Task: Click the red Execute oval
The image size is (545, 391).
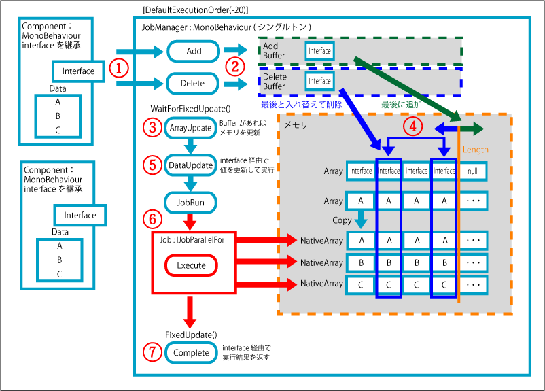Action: click(x=191, y=265)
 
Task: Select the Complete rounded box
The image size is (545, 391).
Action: click(x=191, y=352)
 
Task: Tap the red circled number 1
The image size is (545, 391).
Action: click(x=120, y=69)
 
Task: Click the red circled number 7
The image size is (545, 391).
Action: click(x=152, y=352)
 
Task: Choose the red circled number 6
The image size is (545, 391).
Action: click(x=152, y=219)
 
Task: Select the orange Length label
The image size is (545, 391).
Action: click(x=475, y=149)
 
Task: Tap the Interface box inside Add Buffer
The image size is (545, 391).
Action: click(x=319, y=51)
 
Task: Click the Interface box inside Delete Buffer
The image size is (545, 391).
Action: click(x=319, y=81)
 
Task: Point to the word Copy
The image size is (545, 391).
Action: click(x=342, y=221)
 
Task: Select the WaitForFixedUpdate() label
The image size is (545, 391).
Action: click(x=190, y=109)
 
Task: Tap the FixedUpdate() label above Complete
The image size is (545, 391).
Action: click(x=191, y=334)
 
